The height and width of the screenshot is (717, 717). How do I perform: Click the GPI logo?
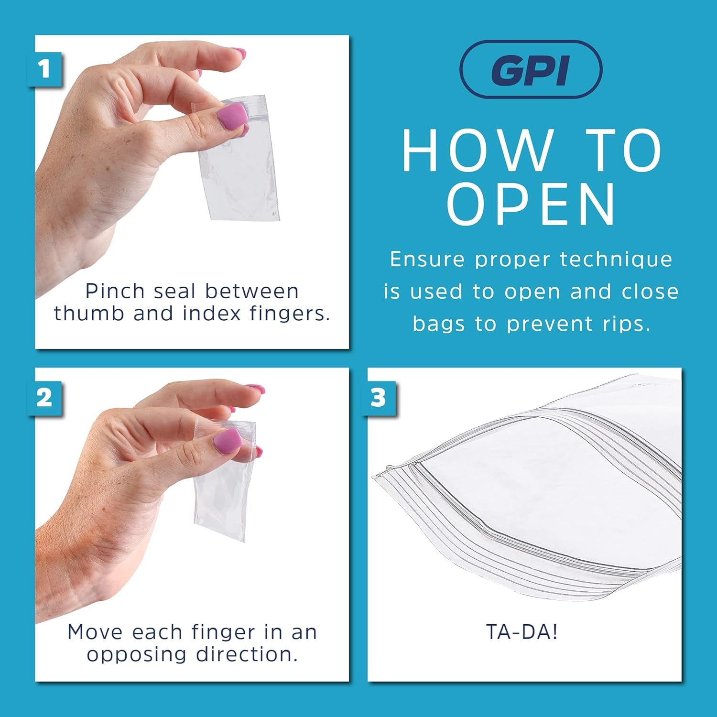point(531,70)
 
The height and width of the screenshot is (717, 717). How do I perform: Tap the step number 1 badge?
point(45,69)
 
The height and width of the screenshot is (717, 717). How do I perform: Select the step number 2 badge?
point(45,398)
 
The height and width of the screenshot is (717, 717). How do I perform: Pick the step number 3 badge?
point(378,398)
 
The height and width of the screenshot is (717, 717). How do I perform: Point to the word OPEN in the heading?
point(532,205)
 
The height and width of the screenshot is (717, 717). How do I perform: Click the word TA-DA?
point(522,632)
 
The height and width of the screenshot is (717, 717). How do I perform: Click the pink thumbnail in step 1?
point(233,117)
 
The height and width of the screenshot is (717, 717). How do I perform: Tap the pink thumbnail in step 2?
point(228,442)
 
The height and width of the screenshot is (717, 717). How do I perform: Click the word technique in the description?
point(616,260)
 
